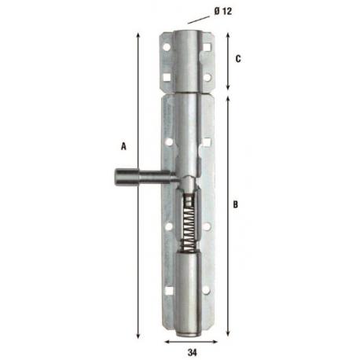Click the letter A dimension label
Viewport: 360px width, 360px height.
pyautogui.click(x=123, y=145)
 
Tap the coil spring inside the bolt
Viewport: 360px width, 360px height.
pyautogui.click(x=189, y=225)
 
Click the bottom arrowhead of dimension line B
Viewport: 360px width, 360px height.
pyautogui.click(x=229, y=332)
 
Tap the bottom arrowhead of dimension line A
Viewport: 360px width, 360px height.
pyautogui.click(x=138, y=332)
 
